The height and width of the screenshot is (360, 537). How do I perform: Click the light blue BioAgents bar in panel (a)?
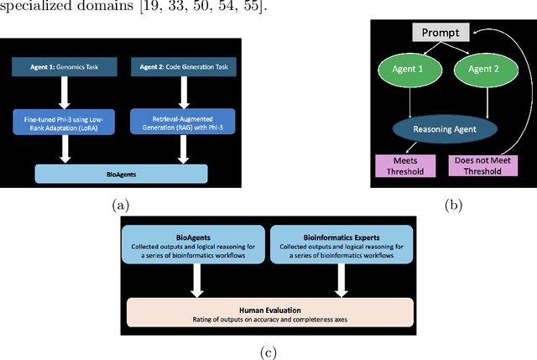tap(121, 173)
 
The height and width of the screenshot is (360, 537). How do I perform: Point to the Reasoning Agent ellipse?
tap(446, 129)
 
